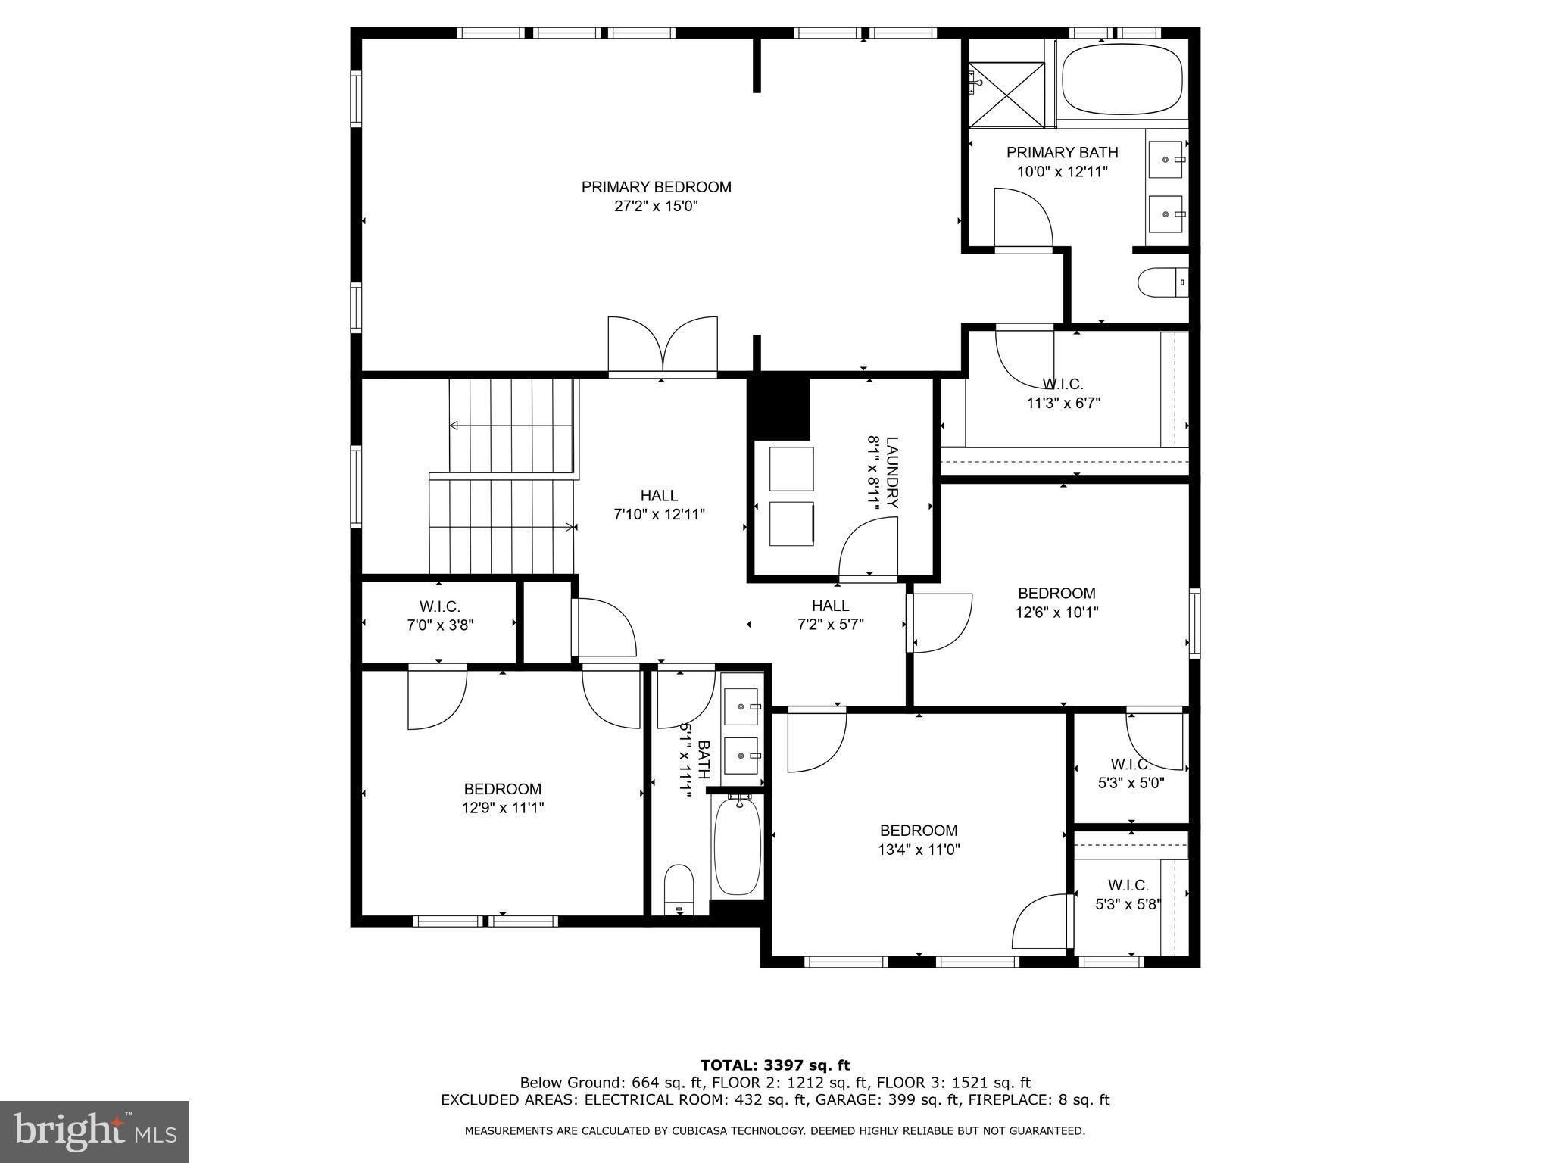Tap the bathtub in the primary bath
pos(1122,80)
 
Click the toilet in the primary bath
pos(1160,283)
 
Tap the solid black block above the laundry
pos(779,409)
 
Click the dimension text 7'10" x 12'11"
pos(659,515)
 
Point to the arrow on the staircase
pos(454,426)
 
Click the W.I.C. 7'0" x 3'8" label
pos(440,616)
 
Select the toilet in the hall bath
pos(679,889)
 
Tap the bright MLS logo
pos(95,1132)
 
